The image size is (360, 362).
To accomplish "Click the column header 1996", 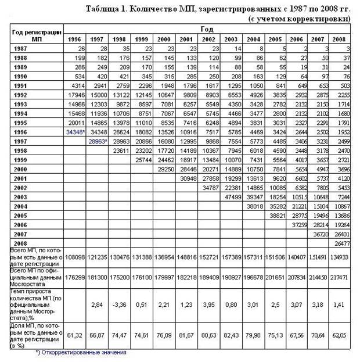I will (74, 39).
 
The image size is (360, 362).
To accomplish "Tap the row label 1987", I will (21, 49).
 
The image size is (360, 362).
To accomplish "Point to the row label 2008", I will (21, 242).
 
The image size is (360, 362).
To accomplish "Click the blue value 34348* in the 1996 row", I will (75, 132).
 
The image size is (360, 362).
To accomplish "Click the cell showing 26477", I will (342, 243).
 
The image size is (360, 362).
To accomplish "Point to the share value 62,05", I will (342, 335).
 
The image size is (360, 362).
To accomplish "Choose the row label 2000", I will (21, 169).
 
